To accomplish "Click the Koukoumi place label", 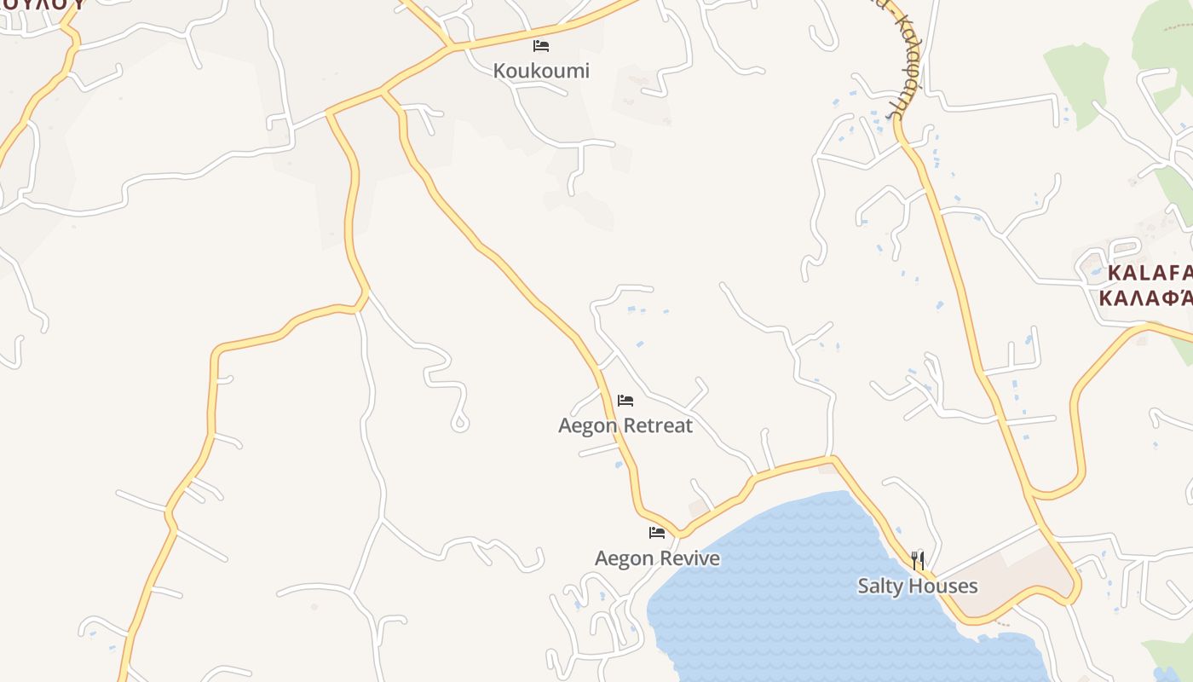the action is tap(541, 71).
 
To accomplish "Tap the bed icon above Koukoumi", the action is tap(541, 46).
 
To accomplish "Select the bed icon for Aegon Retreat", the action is tap(625, 400).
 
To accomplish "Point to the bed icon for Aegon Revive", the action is tap(657, 533).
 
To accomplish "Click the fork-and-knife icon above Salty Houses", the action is tap(917, 560).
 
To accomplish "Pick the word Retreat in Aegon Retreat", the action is tap(658, 425).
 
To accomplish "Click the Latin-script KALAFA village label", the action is tap(1149, 274).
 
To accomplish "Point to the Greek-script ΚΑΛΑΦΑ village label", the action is tap(1145, 298).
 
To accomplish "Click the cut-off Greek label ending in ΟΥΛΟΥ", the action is tap(43, 4).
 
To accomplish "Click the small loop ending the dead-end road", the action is tap(460, 423).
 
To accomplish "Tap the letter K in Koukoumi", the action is tap(499, 71).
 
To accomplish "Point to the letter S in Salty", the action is tap(862, 587).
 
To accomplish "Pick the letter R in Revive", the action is tap(670, 558).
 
